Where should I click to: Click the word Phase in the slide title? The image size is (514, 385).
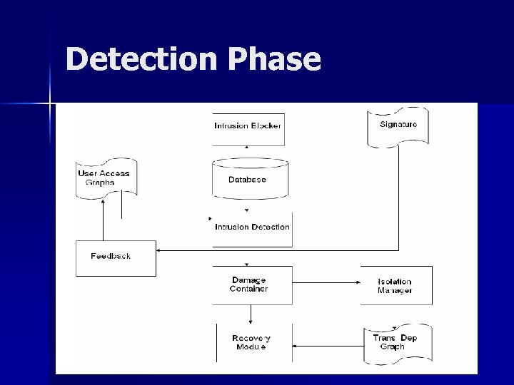(276, 60)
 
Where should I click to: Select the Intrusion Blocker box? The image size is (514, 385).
(248, 126)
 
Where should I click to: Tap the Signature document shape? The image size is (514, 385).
(398, 127)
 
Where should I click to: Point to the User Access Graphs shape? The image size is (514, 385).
(106, 178)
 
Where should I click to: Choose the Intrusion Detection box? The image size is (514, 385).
(252, 227)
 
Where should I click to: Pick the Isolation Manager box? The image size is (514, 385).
(395, 285)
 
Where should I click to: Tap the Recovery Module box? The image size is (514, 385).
(252, 342)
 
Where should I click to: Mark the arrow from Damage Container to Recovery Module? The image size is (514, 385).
(251, 314)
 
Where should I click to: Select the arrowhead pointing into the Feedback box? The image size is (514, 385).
(159, 250)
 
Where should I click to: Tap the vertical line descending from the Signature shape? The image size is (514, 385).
(398, 200)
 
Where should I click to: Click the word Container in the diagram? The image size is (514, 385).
(249, 289)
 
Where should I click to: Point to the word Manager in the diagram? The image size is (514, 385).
(395, 290)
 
